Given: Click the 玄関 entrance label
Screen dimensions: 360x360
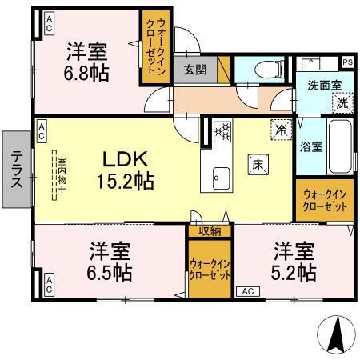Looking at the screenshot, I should (x=194, y=69).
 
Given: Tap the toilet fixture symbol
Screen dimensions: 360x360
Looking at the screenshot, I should (x=265, y=70).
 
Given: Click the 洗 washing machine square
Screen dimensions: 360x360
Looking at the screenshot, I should (x=342, y=102).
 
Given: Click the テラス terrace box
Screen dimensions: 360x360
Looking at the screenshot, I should (x=16, y=170).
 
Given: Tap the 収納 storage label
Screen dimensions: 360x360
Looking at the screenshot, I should (x=210, y=231).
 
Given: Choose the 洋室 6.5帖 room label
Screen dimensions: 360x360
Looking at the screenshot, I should (x=110, y=261).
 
